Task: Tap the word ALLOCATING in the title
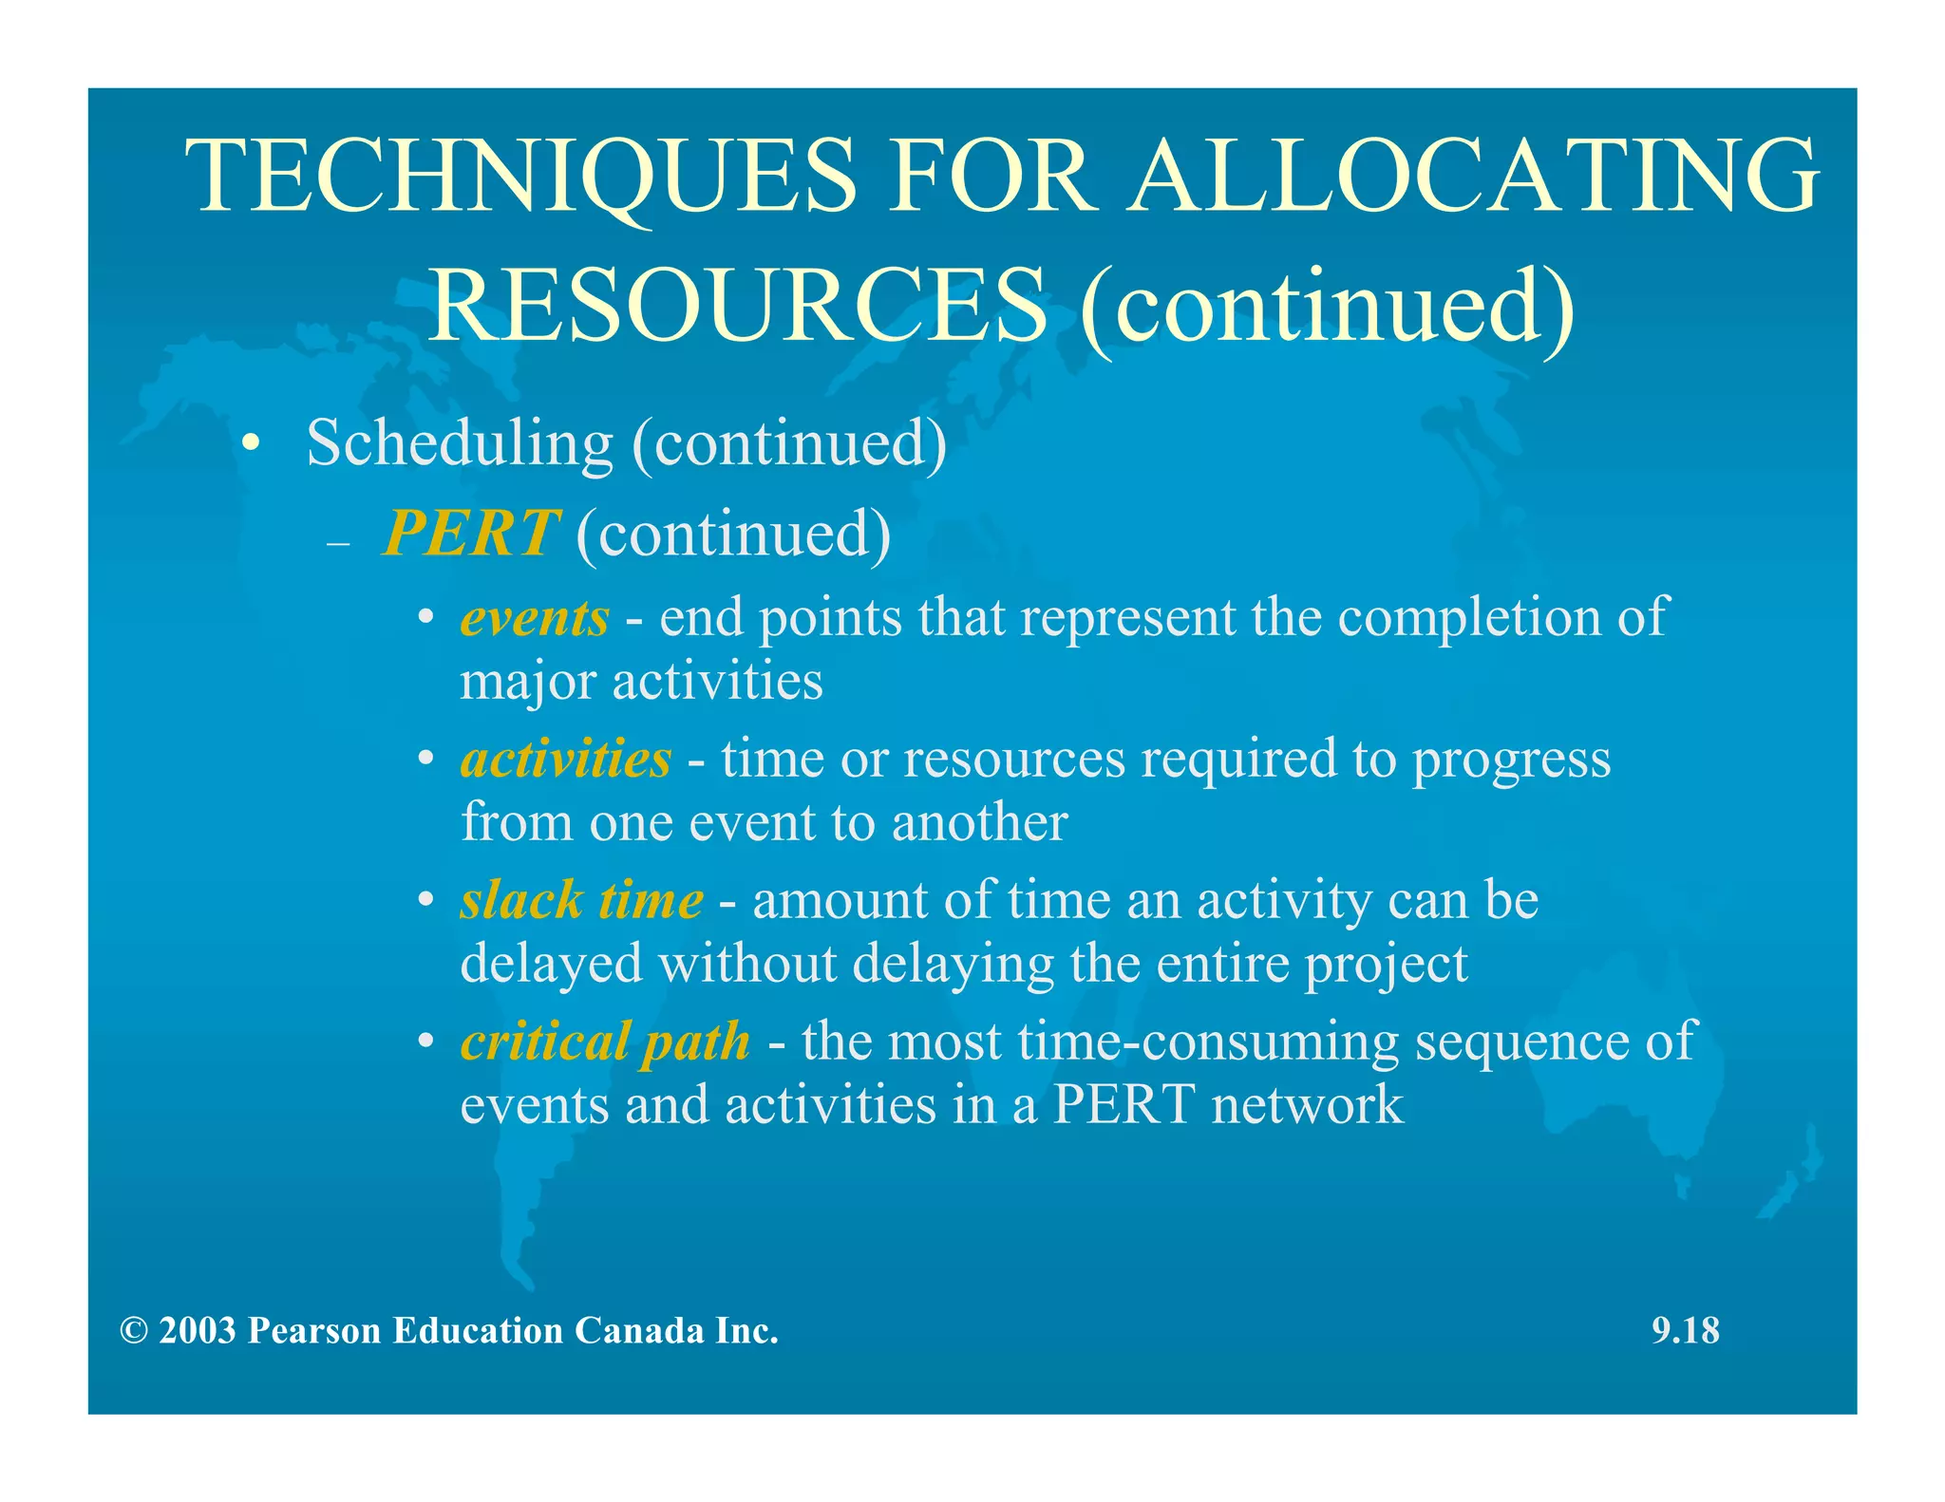(1473, 178)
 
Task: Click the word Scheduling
(460, 443)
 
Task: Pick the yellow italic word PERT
(470, 534)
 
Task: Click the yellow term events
(535, 618)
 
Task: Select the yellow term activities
(566, 760)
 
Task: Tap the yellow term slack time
(581, 900)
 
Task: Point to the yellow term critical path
(605, 1042)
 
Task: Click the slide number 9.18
(1686, 1330)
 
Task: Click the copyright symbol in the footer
(134, 1331)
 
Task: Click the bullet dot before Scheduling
(250, 444)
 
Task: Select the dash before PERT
(338, 545)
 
